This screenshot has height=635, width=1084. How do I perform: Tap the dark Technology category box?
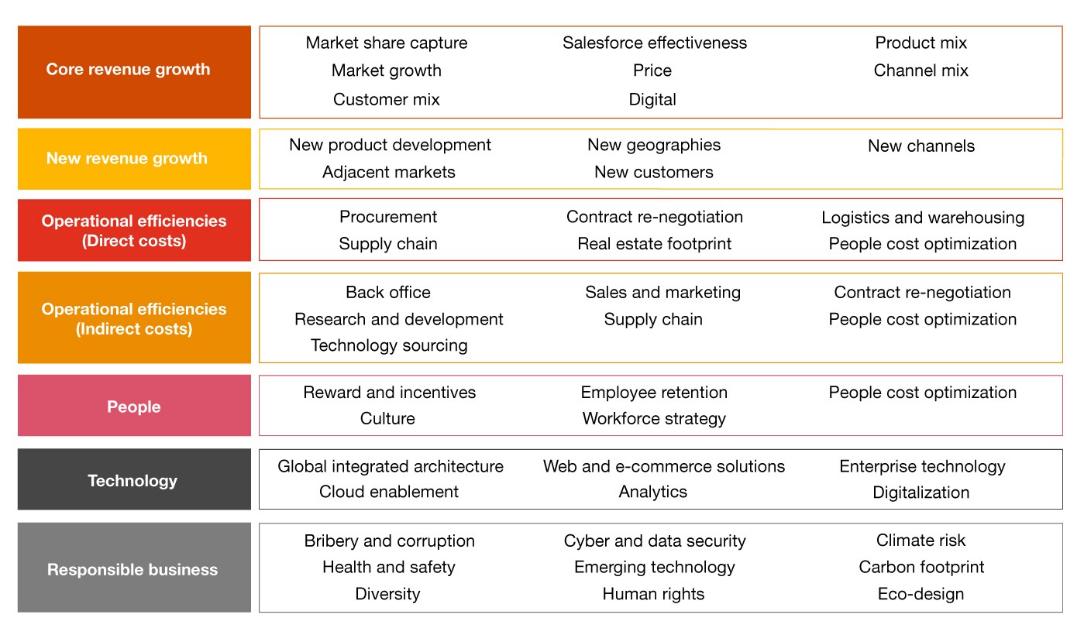tap(134, 480)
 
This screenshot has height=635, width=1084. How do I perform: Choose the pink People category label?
tap(134, 407)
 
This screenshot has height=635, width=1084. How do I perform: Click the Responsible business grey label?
tap(134, 568)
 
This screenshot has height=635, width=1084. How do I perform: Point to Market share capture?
tap(387, 43)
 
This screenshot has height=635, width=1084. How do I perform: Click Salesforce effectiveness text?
tap(655, 43)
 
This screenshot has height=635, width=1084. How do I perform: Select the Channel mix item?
tap(921, 70)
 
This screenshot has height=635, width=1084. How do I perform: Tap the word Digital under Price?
tap(652, 99)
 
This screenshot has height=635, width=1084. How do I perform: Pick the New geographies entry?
tap(654, 145)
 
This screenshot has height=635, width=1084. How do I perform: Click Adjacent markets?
tap(389, 172)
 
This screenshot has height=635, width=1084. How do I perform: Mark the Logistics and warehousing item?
tap(923, 218)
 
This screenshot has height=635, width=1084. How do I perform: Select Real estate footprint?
tap(654, 244)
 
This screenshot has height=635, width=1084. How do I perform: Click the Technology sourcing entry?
tap(389, 345)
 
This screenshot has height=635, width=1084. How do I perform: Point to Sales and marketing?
tap(662, 292)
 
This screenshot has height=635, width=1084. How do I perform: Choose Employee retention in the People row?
tap(654, 393)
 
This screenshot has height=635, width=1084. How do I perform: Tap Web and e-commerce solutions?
tap(663, 466)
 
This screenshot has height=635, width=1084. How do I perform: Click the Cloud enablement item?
tap(389, 492)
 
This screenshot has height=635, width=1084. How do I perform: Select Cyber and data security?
tap(655, 541)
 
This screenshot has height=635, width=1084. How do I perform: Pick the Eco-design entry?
tap(921, 594)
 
